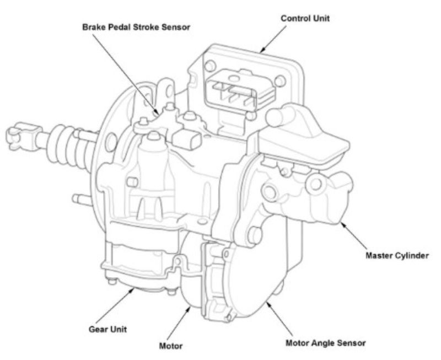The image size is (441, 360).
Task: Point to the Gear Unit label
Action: point(109,330)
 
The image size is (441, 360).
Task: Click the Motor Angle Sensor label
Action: point(325,343)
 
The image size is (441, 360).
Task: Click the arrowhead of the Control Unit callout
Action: point(261,51)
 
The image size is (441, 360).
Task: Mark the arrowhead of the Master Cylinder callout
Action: point(341,222)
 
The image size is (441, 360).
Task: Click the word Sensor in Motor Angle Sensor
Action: point(351,343)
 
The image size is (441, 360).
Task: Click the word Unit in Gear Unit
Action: point(120,330)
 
